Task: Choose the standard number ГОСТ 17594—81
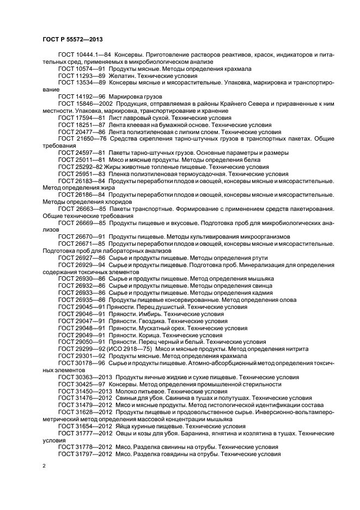pos(81,118)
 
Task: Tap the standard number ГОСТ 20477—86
pos(81,132)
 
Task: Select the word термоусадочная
pos(189,174)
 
